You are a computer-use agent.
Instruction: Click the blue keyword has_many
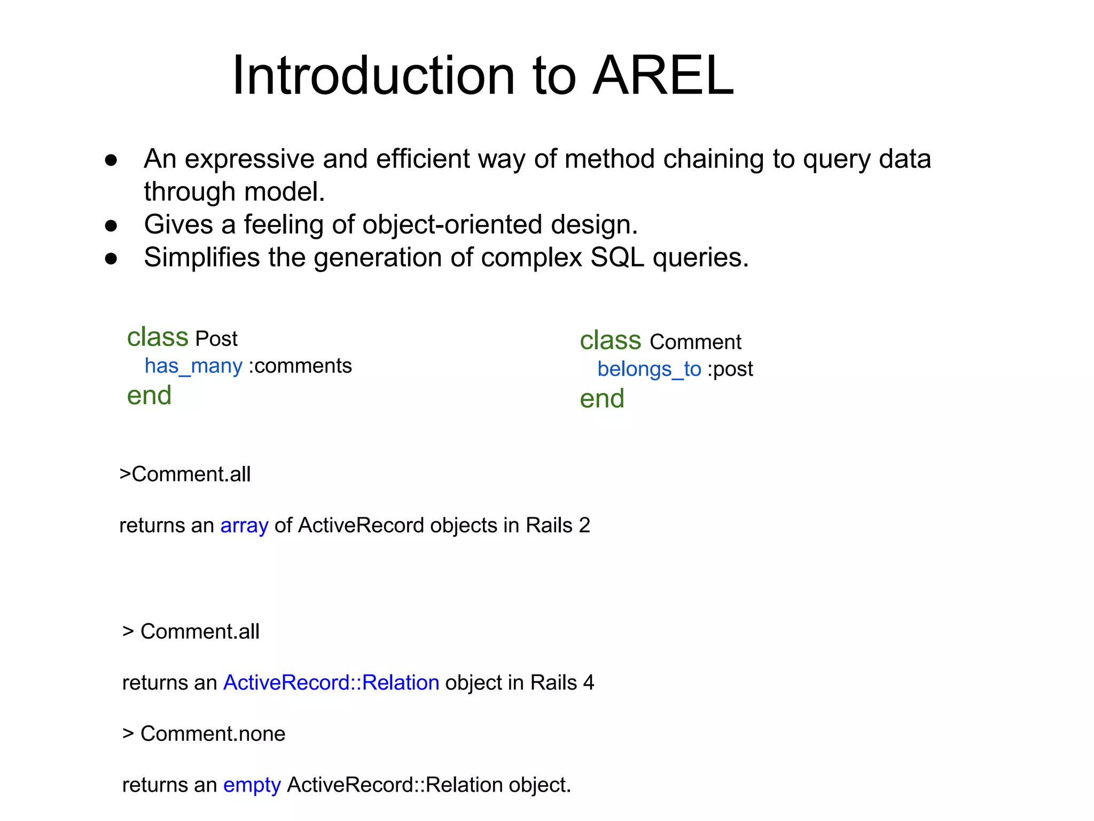click(193, 367)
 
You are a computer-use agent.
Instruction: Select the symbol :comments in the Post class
click(300, 367)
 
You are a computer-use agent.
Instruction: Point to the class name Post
click(216, 339)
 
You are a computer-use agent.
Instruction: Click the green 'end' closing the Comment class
click(602, 399)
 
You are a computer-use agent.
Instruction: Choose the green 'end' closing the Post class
click(149, 396)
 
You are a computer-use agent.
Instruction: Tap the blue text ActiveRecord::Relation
click(331, 683)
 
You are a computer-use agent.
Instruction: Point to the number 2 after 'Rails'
click(584, 525)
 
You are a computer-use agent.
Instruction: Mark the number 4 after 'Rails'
click(588, 683)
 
